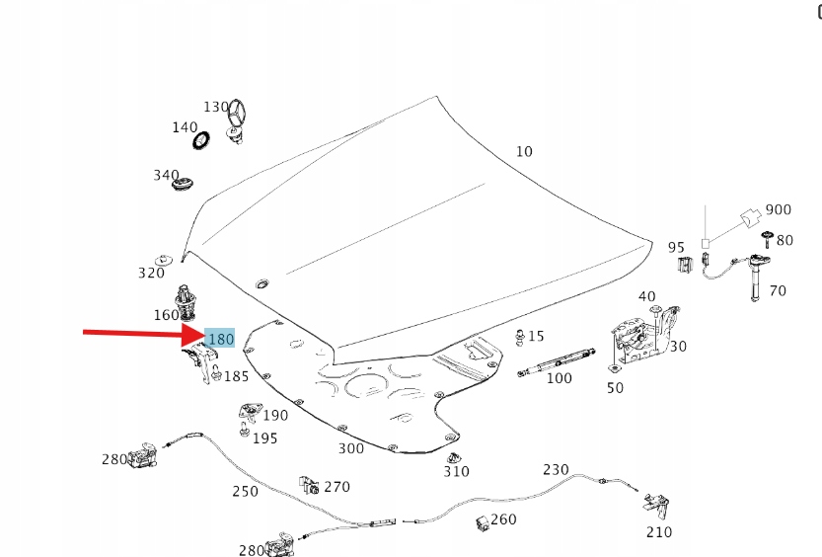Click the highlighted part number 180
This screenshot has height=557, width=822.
(x=221, y=339)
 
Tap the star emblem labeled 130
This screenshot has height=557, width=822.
(x=238, y=119)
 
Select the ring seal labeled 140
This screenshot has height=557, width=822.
(x=202, y=140)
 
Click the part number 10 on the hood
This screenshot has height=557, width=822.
(x=524, y=151)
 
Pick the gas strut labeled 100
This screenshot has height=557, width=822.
(x=557, y=361)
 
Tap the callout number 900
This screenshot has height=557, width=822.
(x=778, y=209)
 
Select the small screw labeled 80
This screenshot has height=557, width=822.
(x=768, y=239)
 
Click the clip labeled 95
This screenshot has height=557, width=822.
(x=685, y=265)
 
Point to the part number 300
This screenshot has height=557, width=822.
(x=350, y=448)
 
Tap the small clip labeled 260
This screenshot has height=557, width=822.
(x=483, y=522)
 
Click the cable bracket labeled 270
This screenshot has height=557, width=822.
(x=309, y=485)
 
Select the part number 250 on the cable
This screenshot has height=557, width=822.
(x=246, y=492)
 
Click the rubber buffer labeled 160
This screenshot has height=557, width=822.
(x=186, y=303)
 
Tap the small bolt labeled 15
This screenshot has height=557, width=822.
(x=520, y=337)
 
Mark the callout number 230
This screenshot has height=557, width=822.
(x=556, y=469)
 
